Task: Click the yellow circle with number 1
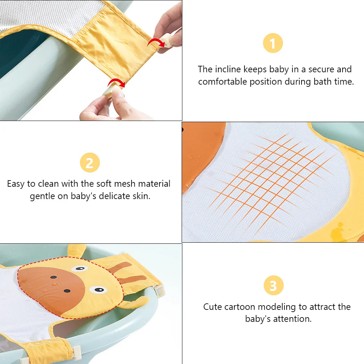click(273, 44)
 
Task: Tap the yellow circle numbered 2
click(90, 163)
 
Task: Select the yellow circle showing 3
click(273, 286)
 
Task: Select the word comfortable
click(222, 82)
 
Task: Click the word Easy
click(16, 184)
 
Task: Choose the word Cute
click(212, 307)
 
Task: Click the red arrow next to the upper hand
click(154, 42)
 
